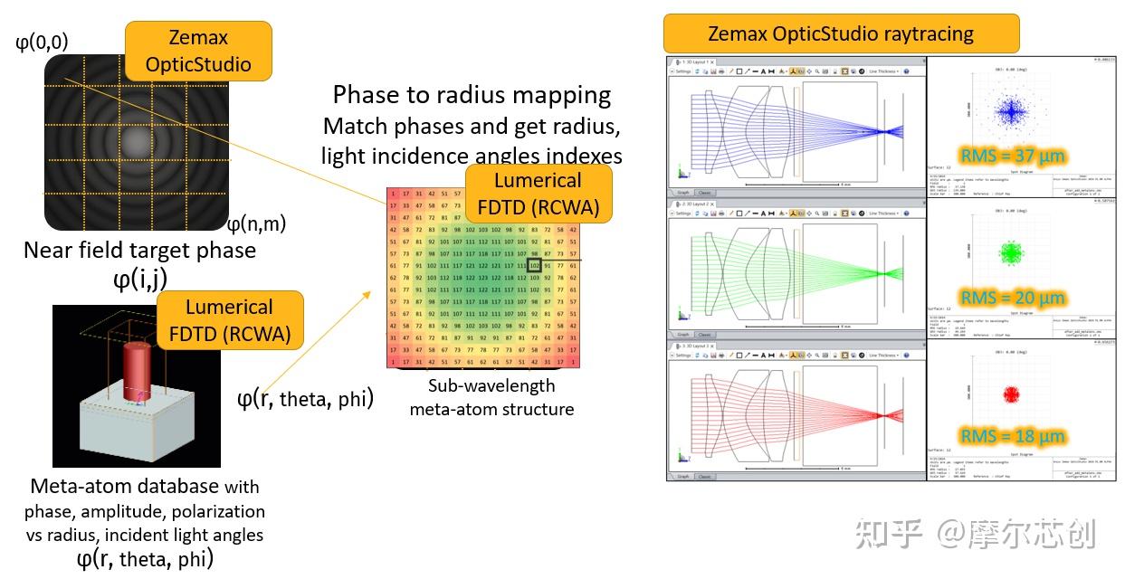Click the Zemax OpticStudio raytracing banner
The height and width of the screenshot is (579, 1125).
point(841,34)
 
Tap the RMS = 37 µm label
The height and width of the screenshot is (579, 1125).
point(1013,157)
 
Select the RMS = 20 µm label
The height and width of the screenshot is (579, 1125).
point(1013,298)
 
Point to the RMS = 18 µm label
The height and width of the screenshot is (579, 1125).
point(1013,436)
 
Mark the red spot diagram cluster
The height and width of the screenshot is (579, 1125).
point(1011,394)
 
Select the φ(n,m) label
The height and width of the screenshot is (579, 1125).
point(256,223)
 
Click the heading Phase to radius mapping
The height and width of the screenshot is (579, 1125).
point(472,95)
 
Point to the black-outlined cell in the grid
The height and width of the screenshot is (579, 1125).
point(535,266)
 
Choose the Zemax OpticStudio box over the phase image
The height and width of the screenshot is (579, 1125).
point(197,51)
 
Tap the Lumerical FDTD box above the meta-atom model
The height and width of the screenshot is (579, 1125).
point(229,320)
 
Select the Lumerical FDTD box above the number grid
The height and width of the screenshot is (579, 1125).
point(539,193)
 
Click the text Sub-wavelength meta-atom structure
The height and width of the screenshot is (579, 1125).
point(491,397)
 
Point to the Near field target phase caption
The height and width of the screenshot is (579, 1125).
point(139,250)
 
